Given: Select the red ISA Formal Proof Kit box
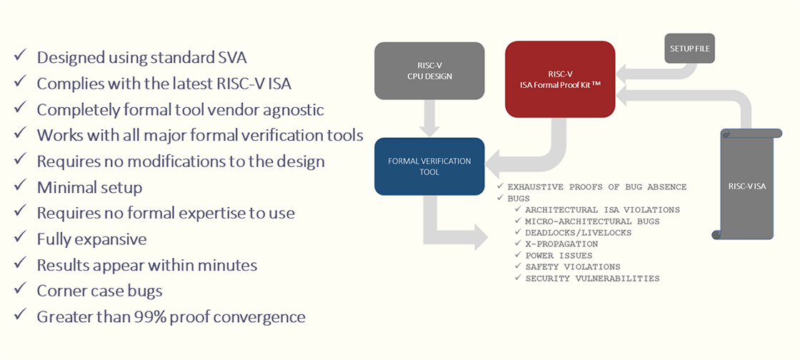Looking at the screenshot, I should point(559,79).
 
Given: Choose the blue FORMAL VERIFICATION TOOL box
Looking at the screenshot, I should point(429,166).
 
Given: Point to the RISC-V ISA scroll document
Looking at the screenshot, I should point(746,186).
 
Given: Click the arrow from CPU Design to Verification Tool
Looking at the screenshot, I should point(429,119).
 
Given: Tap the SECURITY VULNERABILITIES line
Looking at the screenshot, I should point(592,278).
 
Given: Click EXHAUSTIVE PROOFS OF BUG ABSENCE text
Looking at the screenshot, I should point(596,186).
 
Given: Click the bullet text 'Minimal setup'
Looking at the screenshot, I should point(89,187).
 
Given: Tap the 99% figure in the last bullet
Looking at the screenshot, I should point(150,316).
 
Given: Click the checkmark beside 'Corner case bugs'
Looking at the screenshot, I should point(21,289).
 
